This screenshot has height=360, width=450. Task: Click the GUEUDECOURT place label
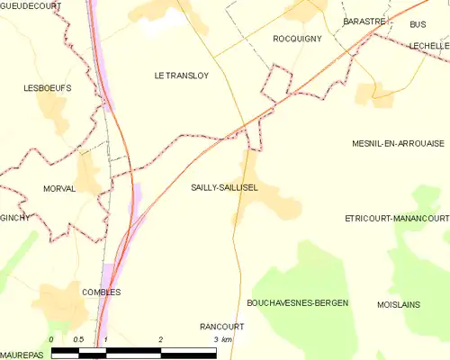(x=31, y=5)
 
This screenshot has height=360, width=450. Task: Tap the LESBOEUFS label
(x=47, y=88)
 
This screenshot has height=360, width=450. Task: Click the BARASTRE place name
(x=364, y=20)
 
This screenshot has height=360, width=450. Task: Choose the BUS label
(x=417, y=24)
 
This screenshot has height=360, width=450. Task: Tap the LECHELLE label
(x=427, y=45)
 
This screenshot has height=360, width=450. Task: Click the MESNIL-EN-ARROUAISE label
(x=399, y=143)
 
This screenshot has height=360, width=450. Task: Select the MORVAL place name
(x=64, y=188)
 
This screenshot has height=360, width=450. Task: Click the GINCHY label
(x=14, y=218)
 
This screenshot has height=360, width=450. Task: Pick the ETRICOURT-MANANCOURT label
(x=396, y=219)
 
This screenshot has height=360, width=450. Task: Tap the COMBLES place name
(x=101, y=292)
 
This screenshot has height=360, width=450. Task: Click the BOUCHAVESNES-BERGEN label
(x=296, y=303)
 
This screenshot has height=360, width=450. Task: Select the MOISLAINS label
(x=399, y=304)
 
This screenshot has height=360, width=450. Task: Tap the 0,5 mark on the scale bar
(x=78, y=338)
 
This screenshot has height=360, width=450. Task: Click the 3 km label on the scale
(x=220, y=338)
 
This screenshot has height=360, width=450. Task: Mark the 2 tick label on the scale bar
(x=160, y=338)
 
